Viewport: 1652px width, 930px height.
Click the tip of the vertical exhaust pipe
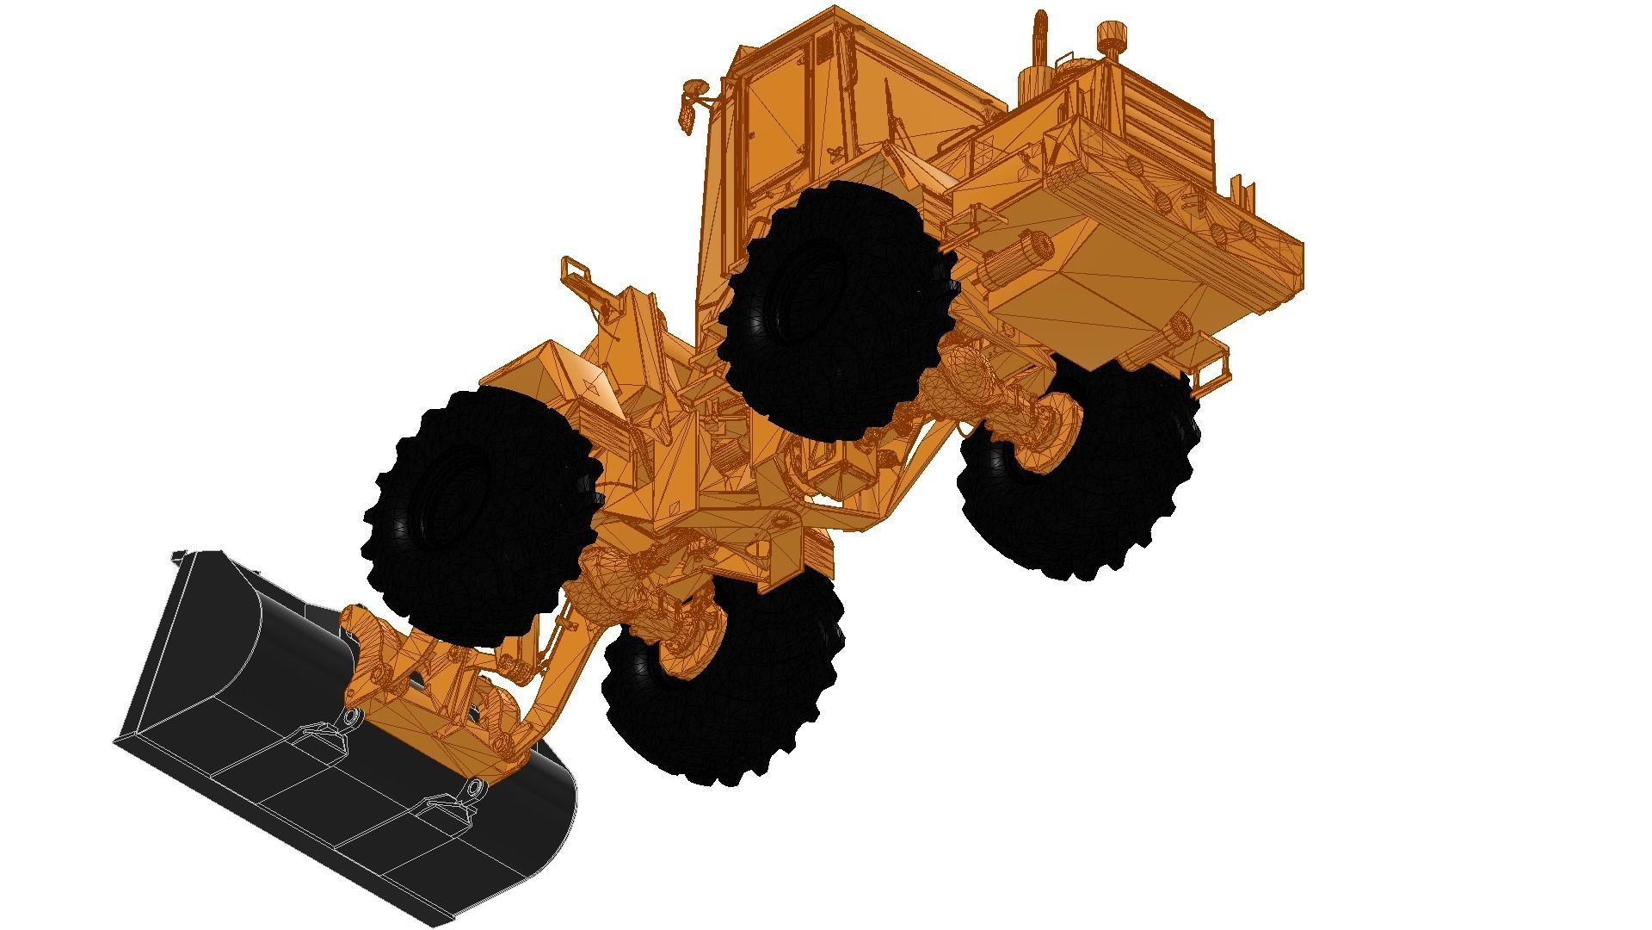click(x=1039, y=16)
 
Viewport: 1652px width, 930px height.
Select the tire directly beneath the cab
click(x=835, y=310)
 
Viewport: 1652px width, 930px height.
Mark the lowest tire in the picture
click(x=723, y=680)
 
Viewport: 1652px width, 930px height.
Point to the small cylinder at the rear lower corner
click(x=1180, y=325)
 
